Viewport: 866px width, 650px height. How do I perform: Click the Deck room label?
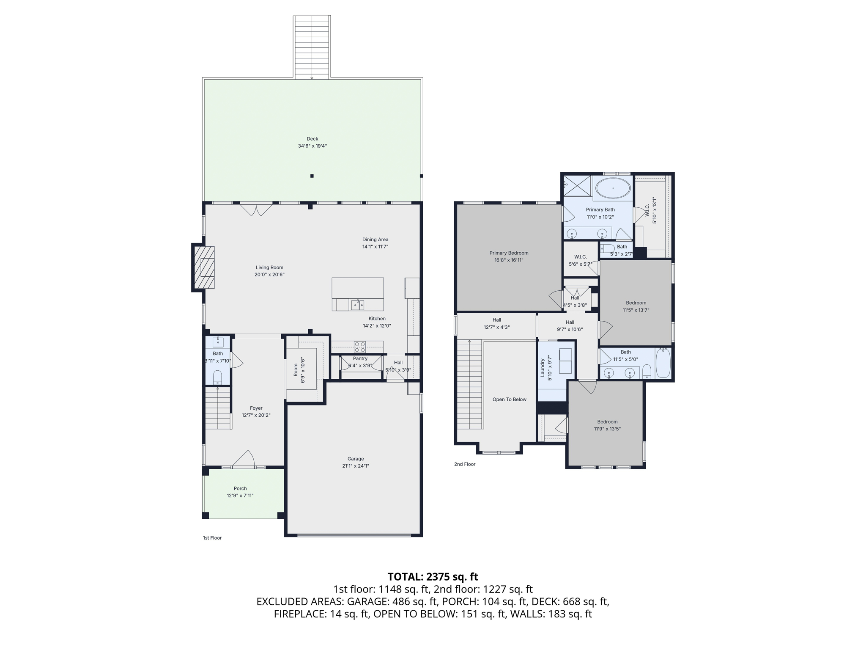(x=312, y=139)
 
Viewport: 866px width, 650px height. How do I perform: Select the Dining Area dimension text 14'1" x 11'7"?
(x=375, y=247)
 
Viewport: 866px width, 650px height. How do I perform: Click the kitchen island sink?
(x=357, y=304)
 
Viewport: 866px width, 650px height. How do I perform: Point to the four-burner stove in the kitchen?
(x=360, y=347)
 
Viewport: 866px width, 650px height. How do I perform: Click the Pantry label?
(x=360, y=358)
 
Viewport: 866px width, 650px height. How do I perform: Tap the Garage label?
(x=356, y=459)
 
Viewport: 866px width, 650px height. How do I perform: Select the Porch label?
(x=240, y=488)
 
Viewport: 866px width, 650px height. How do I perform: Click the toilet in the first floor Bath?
(x=217, y=376)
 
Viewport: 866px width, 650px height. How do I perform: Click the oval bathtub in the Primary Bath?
(x=613, y=188)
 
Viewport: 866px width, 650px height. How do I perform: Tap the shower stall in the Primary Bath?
(x=578, y=186)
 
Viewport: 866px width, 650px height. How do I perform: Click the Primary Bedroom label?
(x=509, y=253)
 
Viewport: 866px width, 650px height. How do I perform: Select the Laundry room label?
(x=543, y=368)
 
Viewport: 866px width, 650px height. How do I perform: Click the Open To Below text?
(x=509, y=399)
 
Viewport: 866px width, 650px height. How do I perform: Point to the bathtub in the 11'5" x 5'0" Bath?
(x=663, y=363)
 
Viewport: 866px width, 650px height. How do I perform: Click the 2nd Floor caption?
(x=465, y=464)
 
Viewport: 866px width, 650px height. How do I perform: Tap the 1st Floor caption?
(x=212, y=538)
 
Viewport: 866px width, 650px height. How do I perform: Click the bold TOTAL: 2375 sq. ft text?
(x=433, y=577)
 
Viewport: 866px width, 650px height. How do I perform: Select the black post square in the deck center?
(x=312, y=176)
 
